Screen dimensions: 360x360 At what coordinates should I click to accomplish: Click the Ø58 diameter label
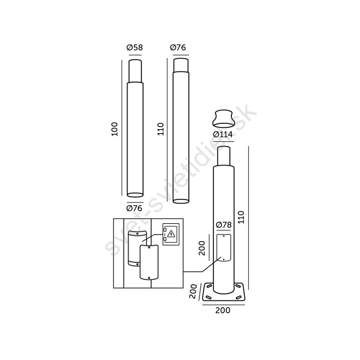(x=135, y=47)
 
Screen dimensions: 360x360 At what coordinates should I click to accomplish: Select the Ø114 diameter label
(x=223, y=134)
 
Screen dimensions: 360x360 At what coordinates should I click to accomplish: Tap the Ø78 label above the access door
(x=224, y=225)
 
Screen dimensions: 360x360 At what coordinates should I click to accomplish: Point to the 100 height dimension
(x=114, y=129)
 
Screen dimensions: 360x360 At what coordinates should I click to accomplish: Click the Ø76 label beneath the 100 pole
(x=134, y=208)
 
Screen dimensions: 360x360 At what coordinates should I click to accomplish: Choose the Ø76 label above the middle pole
(x=178, y=47)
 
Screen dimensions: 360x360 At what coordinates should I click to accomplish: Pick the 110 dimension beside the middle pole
(x=160, y=129)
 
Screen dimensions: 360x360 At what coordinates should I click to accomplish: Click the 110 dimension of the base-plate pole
(x=241, y=217)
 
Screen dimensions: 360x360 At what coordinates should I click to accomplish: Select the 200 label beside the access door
(x=202, y=248)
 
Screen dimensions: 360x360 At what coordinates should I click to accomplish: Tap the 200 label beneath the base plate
(x=223, y=311)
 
